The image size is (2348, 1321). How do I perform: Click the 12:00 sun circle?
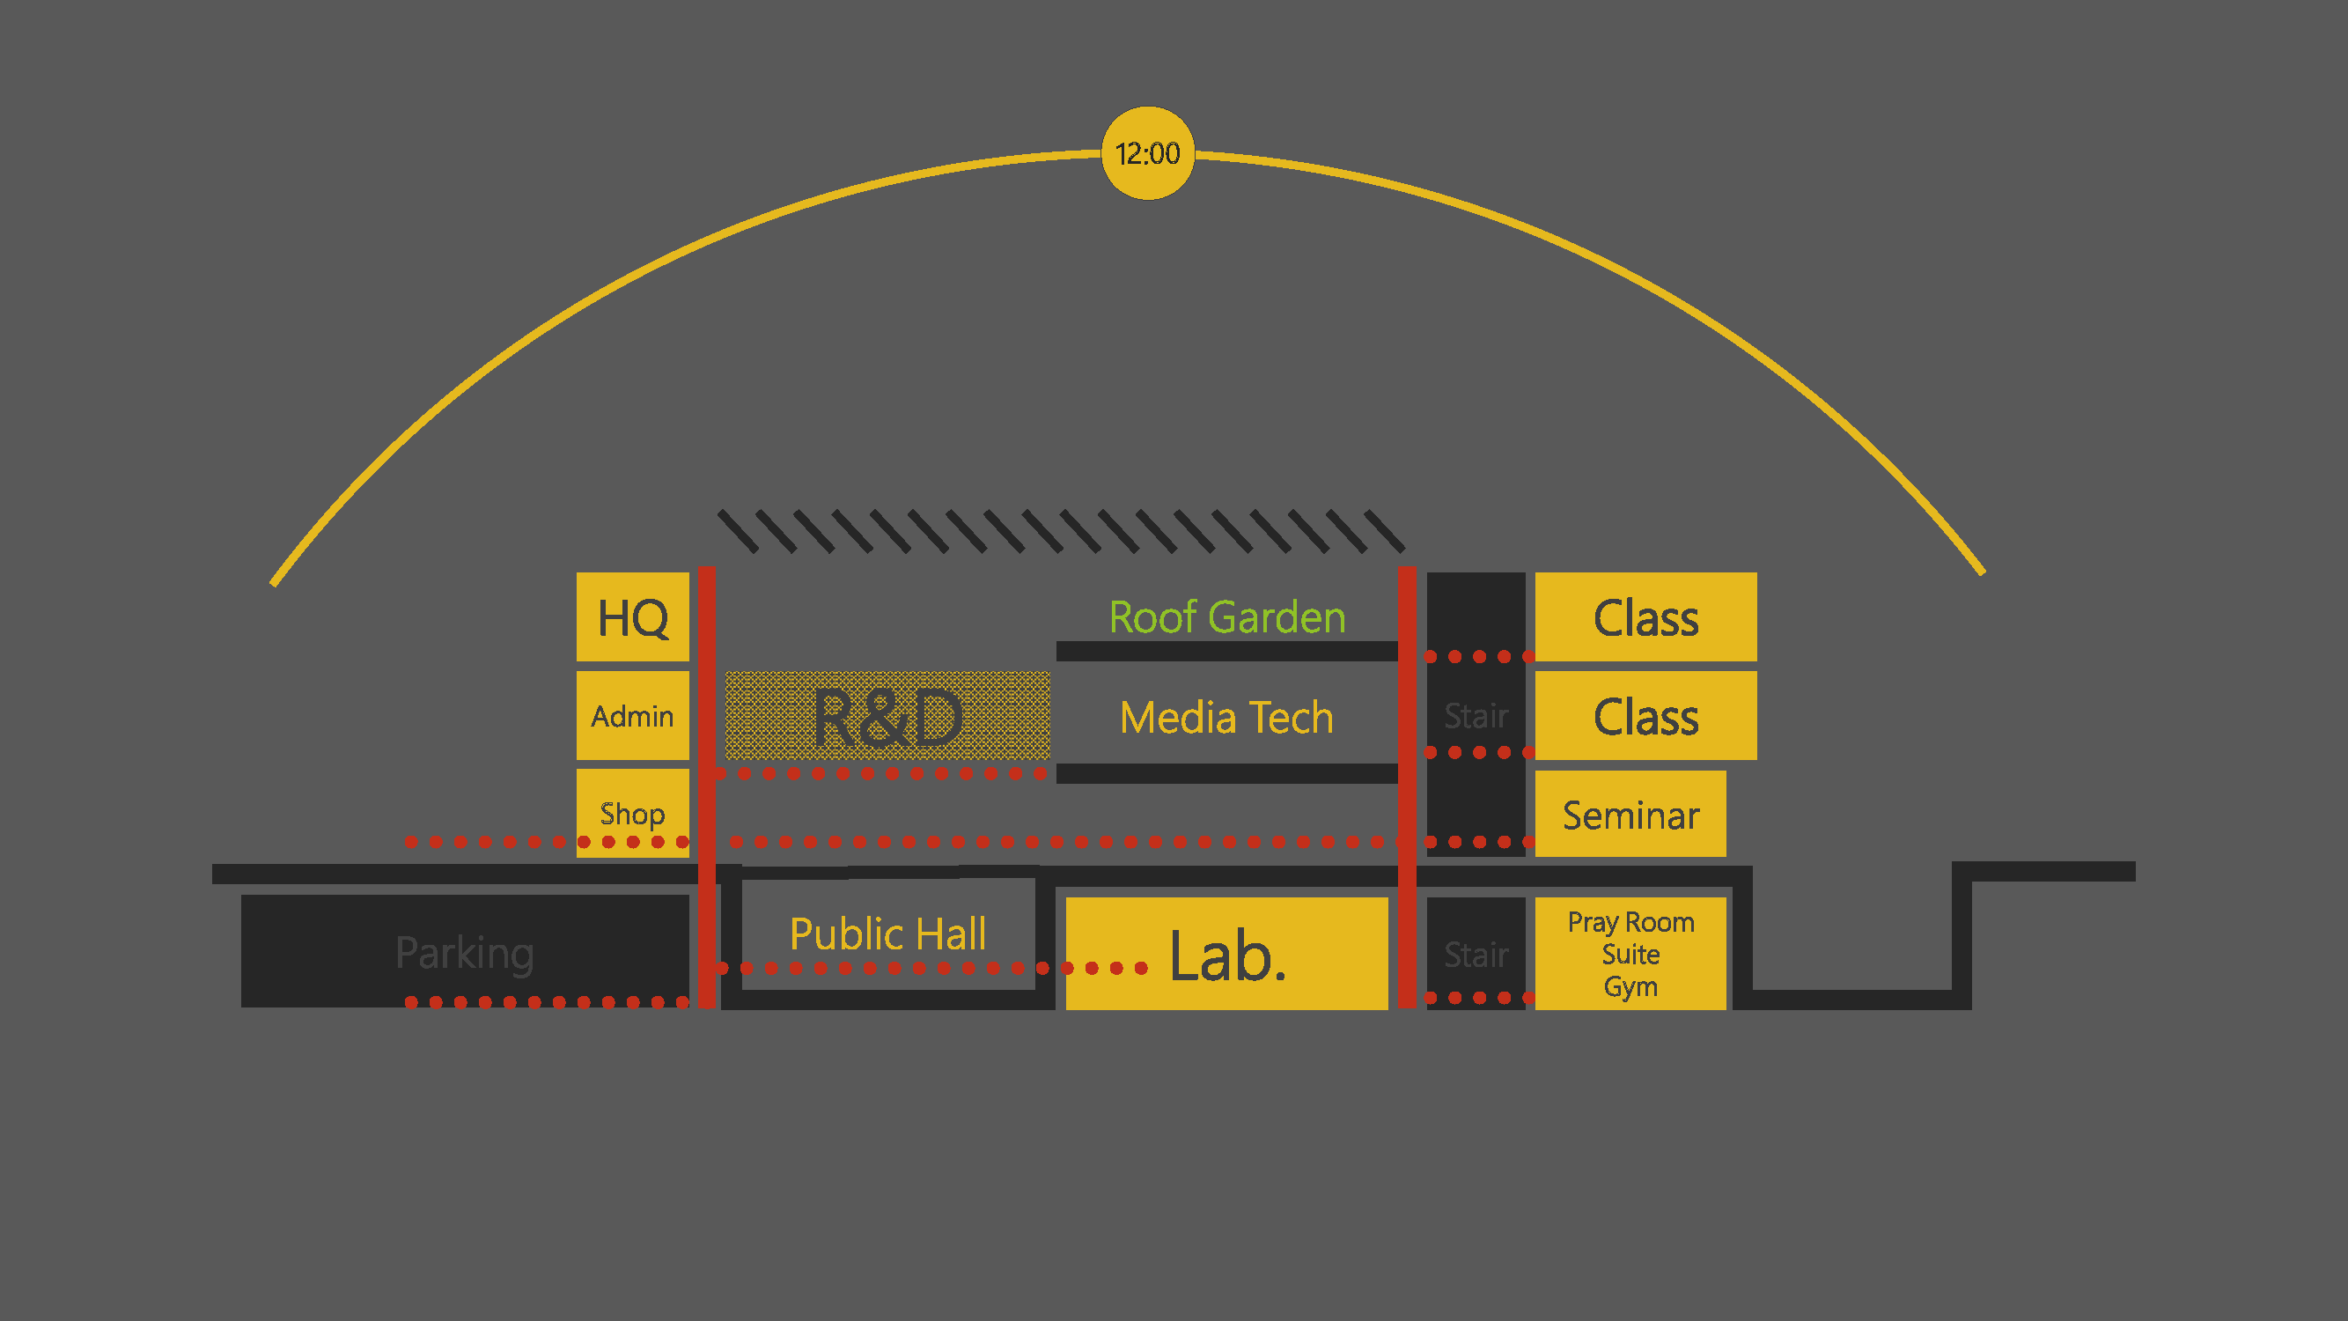click(x=1147, y=153)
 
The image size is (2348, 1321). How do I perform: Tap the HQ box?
click(x=633, y=617)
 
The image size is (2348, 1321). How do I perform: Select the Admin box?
click(x=633, y=716)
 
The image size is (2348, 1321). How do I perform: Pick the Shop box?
click(x=633, y=811)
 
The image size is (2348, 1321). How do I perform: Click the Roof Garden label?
click(x=1227, y=617)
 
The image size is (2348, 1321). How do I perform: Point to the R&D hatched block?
click(x=887, y=717)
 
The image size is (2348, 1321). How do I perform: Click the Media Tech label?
click(x=1226, y=718)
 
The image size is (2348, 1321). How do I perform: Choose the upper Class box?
click(x=1645, y=617)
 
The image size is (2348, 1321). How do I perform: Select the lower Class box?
click(x=1645, y=716)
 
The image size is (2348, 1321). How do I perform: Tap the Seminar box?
click(x=1630, y=814)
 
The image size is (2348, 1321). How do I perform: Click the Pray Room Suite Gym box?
click(x=1630, y=954)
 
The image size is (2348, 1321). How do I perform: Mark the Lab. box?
click(x=1227, y=954)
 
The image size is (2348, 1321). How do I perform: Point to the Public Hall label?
click(x=887, y=934)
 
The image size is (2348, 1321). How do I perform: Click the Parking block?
click(x=465, y=952)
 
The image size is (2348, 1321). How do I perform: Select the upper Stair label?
click(x=1476, y=716)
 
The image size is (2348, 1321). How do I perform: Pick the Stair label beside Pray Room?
click(x=1476, y=955)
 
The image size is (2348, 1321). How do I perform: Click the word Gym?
click(x=1630, y=986)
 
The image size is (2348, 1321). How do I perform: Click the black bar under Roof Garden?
click(x=1227, y=651)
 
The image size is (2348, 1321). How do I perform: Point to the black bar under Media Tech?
click(x=1227, y=773)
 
